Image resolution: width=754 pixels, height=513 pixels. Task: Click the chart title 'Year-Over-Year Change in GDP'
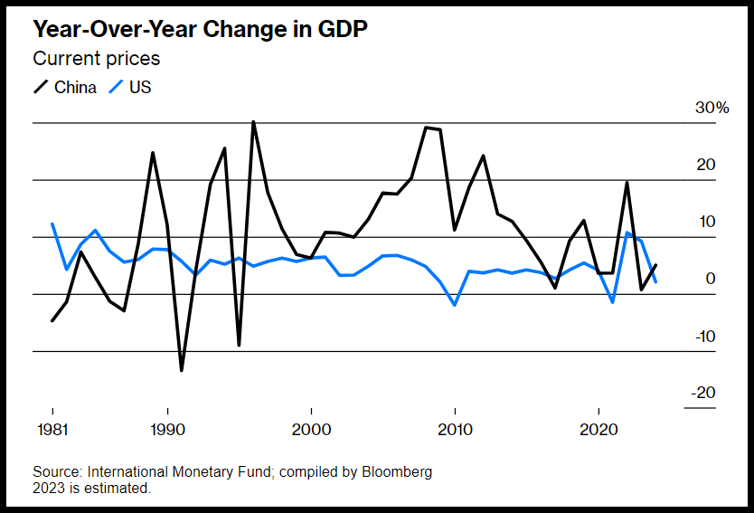point(200,29)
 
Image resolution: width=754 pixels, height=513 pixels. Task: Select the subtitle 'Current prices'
point(96,59)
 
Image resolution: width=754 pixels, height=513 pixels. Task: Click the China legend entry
point(64,88)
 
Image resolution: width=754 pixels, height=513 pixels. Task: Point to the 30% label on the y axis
point(711,108)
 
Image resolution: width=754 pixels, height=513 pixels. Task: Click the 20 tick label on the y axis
point(705,165)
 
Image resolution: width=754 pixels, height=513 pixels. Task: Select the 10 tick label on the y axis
point(705,222)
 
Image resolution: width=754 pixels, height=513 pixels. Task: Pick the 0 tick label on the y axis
point(711,279)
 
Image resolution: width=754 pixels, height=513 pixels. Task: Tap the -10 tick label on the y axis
point(703,337)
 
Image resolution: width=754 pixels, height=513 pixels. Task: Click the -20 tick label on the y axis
point(703,393)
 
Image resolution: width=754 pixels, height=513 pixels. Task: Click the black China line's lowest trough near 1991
point(182,370)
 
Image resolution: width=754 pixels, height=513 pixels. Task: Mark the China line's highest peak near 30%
point(253,122)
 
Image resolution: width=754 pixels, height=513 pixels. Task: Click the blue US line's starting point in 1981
point(52,223)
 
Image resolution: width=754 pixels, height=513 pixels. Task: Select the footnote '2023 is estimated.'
point(91,488)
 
